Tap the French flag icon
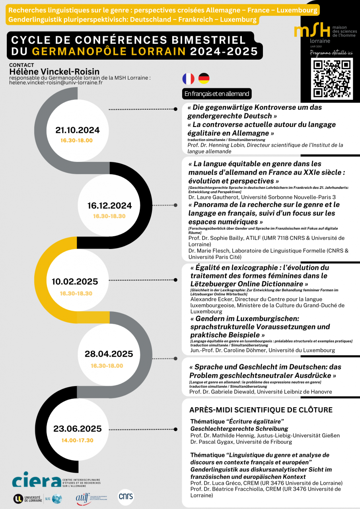click(188, 79)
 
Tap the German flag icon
click(204, 79)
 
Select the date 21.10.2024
click(78, 130)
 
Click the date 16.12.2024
click(109, 206)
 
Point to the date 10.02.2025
click(75, 282)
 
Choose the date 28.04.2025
click(109, 354)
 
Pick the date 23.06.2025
click(78, 429)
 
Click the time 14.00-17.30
click(77, 440)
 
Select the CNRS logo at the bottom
click(126, 497)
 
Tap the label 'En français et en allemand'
click(217, 94)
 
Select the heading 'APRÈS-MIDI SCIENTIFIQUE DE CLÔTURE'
click(261, 410)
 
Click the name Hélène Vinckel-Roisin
click(54, 71)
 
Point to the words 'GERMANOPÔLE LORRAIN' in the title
click(109, 51)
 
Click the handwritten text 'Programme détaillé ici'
click(331, 53)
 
